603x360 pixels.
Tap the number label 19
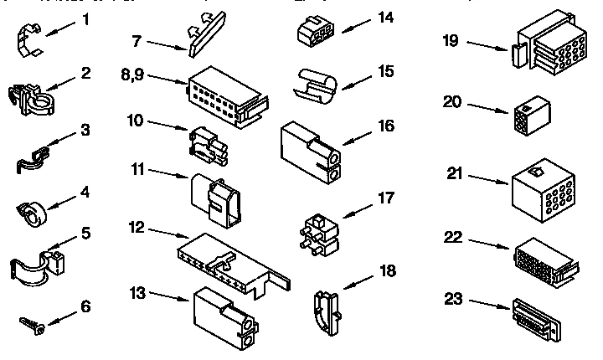451,40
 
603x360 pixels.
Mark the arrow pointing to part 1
62,29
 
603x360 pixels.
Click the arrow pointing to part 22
484,243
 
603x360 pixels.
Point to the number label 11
139,169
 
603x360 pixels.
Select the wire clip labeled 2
32,99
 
